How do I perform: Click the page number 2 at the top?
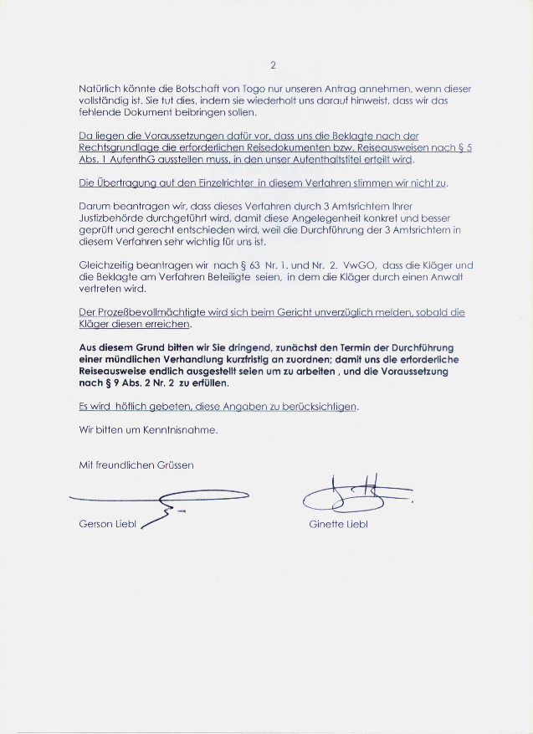point(273,64)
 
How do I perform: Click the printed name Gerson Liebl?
point(107,525)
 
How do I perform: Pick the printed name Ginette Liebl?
point(338,525)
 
